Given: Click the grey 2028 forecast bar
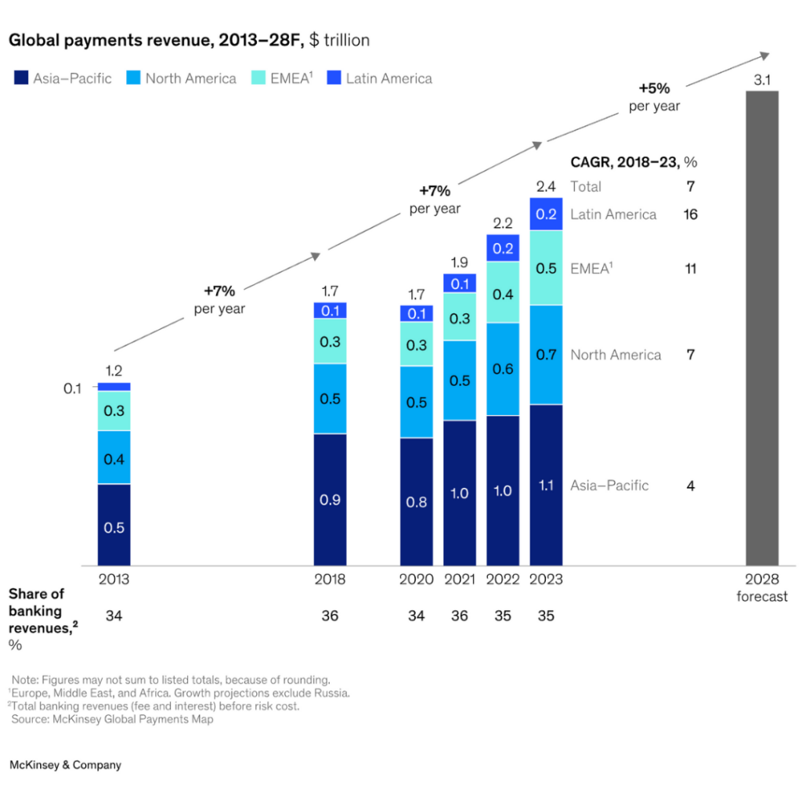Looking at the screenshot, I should click(x=761, y=327).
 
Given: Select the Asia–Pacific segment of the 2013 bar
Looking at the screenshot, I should click(x=114, y=525).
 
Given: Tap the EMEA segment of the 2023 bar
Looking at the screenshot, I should click(x=546, y=268).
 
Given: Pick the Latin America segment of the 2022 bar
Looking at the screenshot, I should click(x=503, y=247).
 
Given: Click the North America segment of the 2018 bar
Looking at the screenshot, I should click(x=330, y=399).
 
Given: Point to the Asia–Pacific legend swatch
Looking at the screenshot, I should click(x=20, y=78).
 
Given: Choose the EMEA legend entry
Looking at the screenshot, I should click(x=280, y=78).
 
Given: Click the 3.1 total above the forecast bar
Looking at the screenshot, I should click(x=761, y=80).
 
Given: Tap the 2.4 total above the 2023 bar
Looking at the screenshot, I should click(x=546, y=186).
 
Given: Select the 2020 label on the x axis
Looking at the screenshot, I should click(x=416, y=580).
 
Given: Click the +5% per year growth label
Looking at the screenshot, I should click(x=654, y=97).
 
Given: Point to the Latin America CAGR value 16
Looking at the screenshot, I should click(x=690, y=215).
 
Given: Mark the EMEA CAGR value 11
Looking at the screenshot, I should click(x=690, y=269).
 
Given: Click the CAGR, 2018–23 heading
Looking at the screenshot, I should click(x=633, y=162).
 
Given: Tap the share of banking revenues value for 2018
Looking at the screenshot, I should click(x=330, y=616).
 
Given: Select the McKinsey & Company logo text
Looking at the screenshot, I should click(x=66, y=764).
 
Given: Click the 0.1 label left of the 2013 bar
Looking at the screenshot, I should click(x=73, y=388).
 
